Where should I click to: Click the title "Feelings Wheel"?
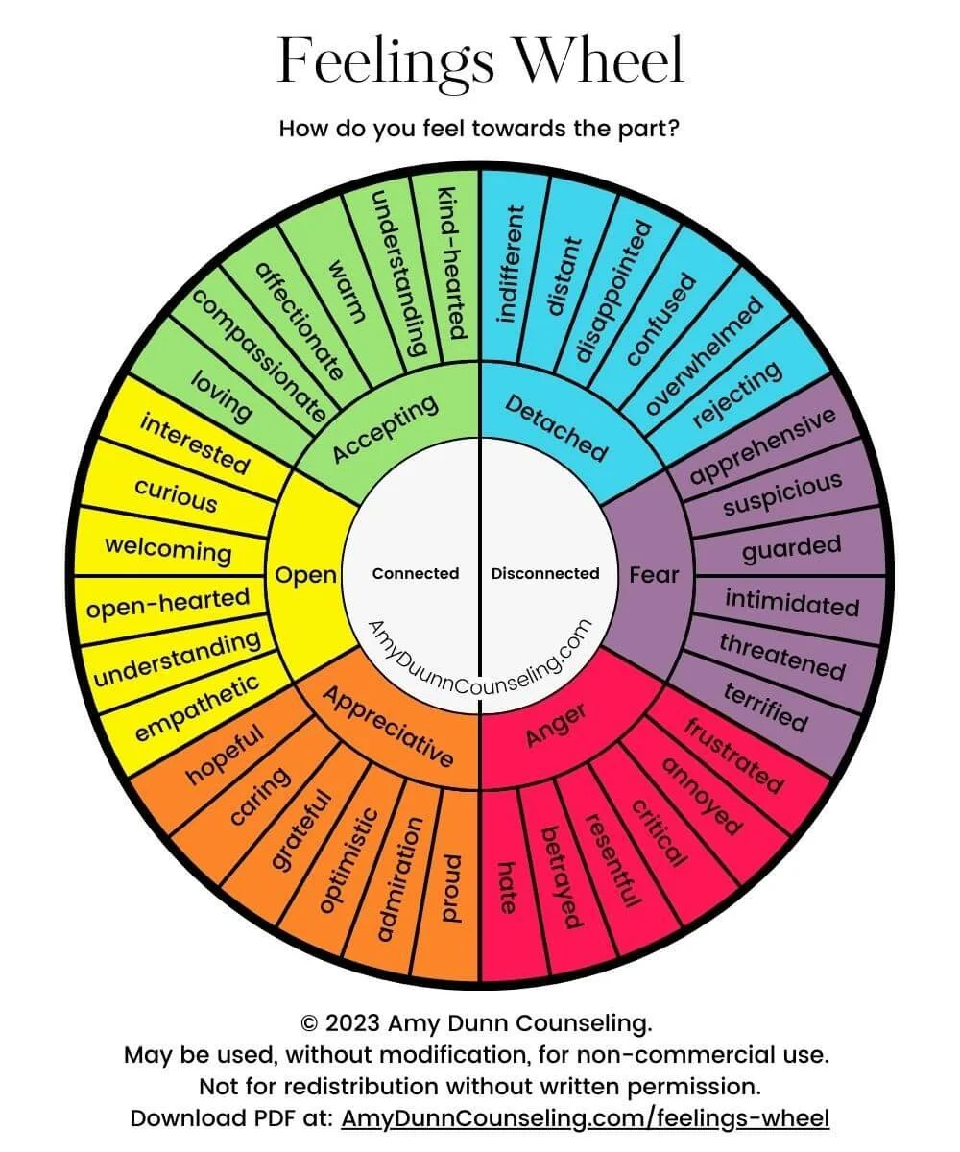coord(480,60)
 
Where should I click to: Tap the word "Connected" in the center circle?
coord(416,573)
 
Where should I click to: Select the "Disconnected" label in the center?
coord(545,573)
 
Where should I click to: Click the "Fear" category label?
coord(654,575)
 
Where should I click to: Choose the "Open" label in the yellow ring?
coord(306,575)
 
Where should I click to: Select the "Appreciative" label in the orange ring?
coord(389,726)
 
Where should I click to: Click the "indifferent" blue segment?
coord(510,263)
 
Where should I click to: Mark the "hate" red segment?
coord(506,885)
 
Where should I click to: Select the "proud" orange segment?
coord(450,887)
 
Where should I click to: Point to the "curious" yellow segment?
coord(176,495)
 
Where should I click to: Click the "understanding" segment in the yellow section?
coord(177,659)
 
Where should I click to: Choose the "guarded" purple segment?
coord(791,548)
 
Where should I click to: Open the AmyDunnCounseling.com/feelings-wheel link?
coord(585,1117)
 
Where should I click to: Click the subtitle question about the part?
coord(480,128)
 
